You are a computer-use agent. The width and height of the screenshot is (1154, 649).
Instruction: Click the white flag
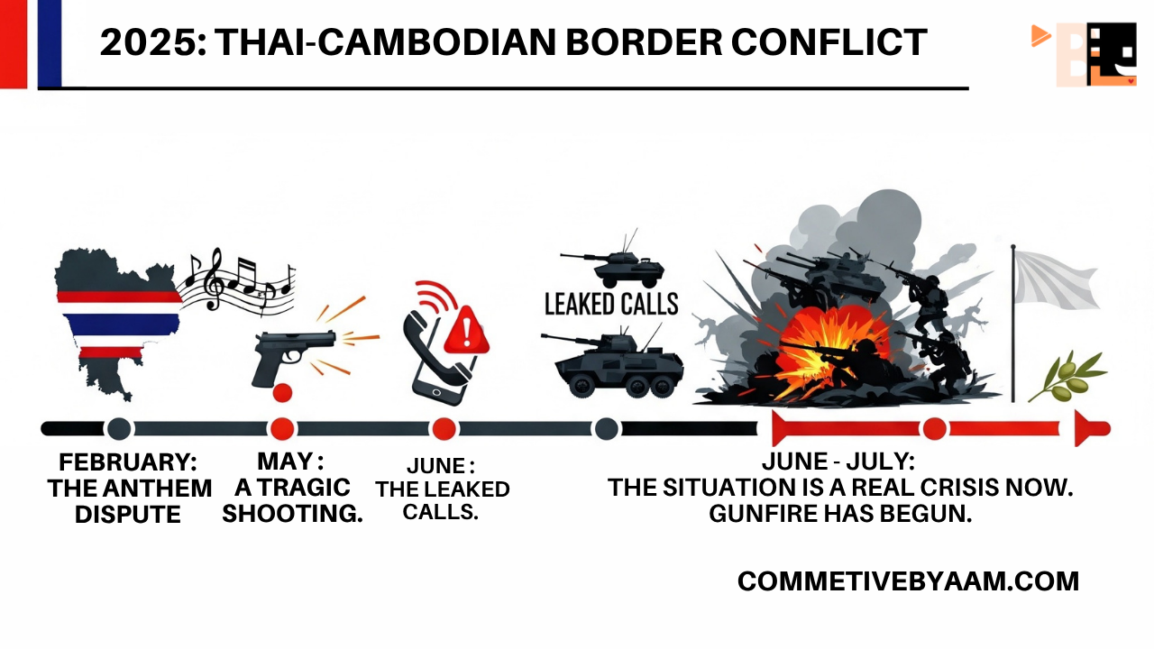pyautogui.click(x=1056, y=279)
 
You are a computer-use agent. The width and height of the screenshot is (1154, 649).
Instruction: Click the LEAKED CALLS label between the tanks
pyautogui.click(x=611, y=304)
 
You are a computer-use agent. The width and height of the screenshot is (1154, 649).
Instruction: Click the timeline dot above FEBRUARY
pyautogui.click(x=118, y=429)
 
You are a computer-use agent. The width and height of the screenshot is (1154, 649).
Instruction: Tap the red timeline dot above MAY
pyautogui.click(x=282, y=429)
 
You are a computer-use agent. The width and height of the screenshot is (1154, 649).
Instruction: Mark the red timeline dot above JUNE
pyautogui.click(x=443, y=429)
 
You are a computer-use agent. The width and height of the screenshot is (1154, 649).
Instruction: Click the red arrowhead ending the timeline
pyautogui.click(x=1092, y=429)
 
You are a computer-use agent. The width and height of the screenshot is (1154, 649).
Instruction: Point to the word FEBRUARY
pyautogui.click(x=128, y=462)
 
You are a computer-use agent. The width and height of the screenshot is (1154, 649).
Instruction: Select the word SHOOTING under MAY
pyautogui.click(x=292, y=514)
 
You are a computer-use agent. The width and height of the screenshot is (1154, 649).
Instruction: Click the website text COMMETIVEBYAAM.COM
pyautogui.click(x=908, y=581)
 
